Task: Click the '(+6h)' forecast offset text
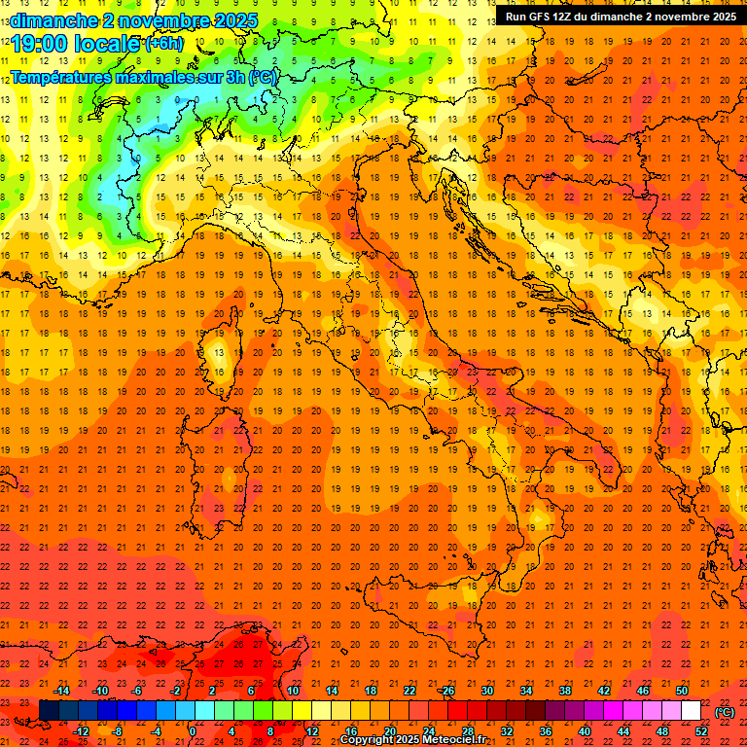coord(163,44)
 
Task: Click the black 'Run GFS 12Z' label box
coord(620,16)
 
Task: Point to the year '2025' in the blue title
coord(235,19)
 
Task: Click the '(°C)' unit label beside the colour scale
coord(724,712)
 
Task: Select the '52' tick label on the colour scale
coord(701,731)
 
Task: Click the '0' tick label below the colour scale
coord(193,731)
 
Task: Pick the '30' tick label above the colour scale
coord(486,691)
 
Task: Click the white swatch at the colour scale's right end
coord(691,711)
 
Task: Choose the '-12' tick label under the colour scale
coord(81,731)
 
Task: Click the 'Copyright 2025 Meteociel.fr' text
coord(412,740)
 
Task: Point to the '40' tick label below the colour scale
coord(584,731)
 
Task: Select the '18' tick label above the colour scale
coord(370,691)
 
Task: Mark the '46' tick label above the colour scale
coord(642,691)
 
